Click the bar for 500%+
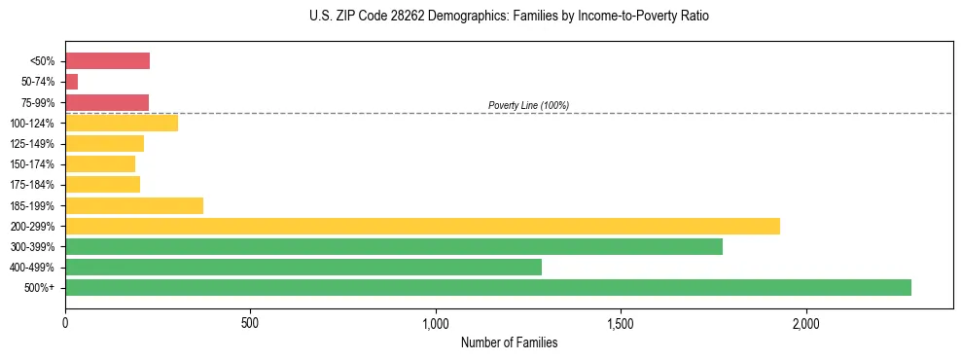(487, 287)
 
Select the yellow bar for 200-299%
(422, 226)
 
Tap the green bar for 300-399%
(394, 246)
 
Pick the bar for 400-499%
(303, 267)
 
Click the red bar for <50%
(107, 61)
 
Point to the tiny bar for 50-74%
(71, 82)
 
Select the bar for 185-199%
(134, 205)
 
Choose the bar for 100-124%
(122, 123)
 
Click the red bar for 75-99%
(107, 102)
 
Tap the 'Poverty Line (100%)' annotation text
(528, 105)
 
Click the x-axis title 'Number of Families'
(509, 342)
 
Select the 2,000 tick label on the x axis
(805, 322)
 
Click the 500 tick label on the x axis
(250, 322)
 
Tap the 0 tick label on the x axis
(65, 322)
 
